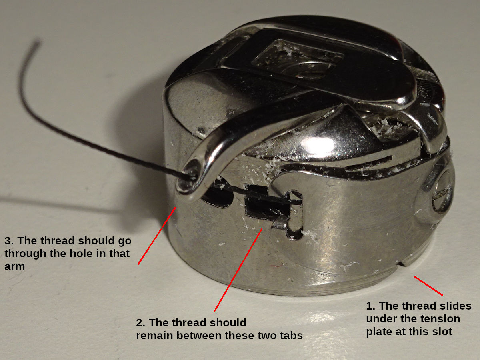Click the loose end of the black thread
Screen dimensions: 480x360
pyautogui.click(x=37, y=41)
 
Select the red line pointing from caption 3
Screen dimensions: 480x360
pyautogui.click(x=157, y=236)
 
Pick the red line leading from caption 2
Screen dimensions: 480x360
pyautogui.click(x=238, y=270)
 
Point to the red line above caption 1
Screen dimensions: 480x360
pyautogui.click(x=428, y=286)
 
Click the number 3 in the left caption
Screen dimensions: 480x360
pyautogui.click(x=8, y=241)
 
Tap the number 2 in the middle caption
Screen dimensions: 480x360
pyautogui.click(x=140, y=323)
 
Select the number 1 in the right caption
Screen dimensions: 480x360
pyautogui.click(x=370, y=306)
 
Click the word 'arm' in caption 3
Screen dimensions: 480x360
pyautogui.click(x=15, y=266)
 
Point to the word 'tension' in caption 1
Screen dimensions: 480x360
pyautogui.click(x=422, y=319)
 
